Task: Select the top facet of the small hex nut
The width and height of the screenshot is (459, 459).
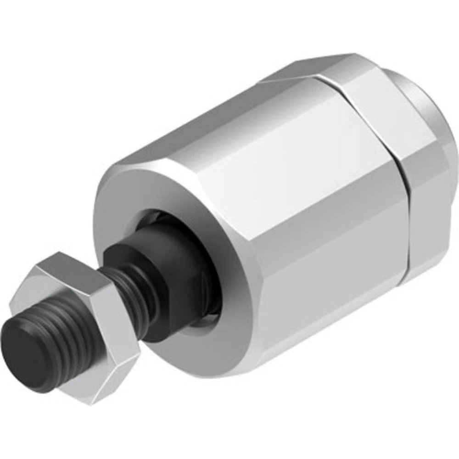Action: click(69, 266)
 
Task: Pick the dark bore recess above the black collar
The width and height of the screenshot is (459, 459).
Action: click(151, 218)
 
